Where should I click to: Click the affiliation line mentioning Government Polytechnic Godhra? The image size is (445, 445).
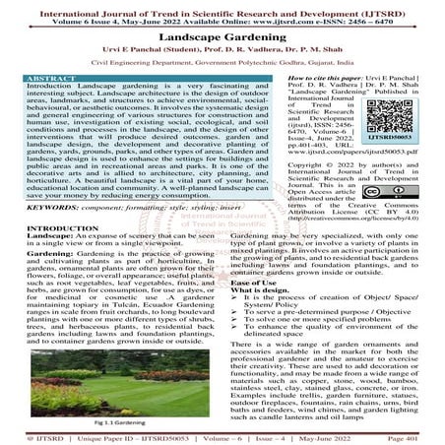222,63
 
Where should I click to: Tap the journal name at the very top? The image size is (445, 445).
222,8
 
